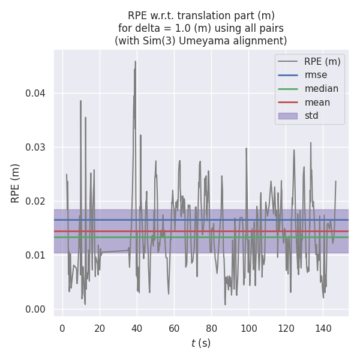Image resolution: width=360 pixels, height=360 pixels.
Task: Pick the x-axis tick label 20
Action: tap(100, 328)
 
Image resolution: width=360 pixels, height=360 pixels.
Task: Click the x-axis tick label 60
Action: tap(174, 328)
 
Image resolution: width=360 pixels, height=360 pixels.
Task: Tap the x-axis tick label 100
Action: tap(248, 328)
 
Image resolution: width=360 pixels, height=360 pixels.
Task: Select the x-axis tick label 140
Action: tap(323, 328)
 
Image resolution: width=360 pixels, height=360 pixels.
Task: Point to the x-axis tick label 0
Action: tap(62, 328)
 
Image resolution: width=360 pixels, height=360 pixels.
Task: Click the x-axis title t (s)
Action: tap(201, 343)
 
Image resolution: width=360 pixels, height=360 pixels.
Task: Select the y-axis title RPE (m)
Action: tap(16, 183)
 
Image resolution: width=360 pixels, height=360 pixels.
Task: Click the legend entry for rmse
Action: tap(316, 75)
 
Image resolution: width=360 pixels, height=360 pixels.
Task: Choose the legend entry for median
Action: tap(321, 89)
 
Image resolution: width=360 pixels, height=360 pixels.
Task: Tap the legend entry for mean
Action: tap(317, 102)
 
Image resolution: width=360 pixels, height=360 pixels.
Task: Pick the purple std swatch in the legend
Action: tap(288, 116)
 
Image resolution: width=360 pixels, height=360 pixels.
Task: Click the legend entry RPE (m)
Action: tap(322, 61)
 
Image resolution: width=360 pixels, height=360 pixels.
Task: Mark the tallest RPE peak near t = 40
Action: tap(136, 61)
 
